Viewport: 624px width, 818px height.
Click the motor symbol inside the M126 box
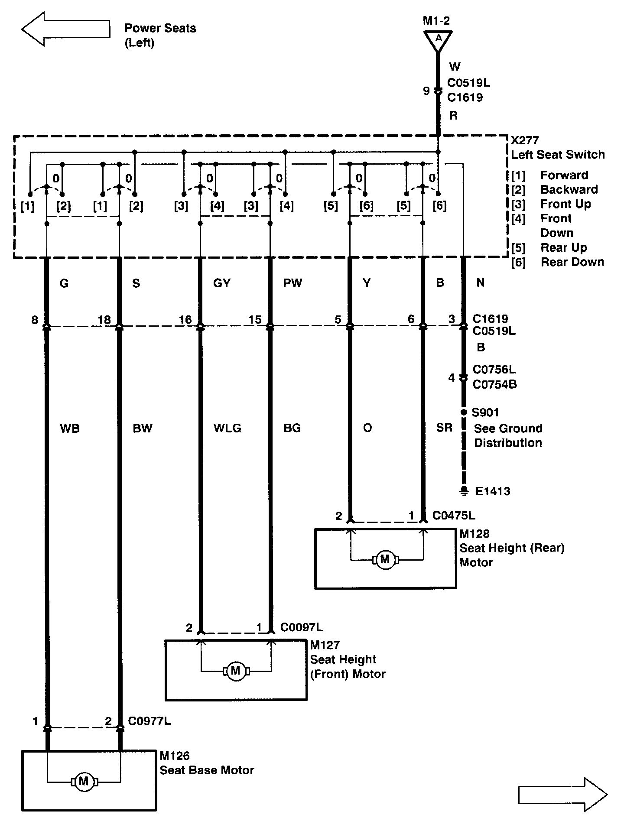[84, 782]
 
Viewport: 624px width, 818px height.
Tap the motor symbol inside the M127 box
[236, 671]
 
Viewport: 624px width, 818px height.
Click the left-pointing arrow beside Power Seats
[65, 29]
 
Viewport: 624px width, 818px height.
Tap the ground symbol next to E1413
[464, 491]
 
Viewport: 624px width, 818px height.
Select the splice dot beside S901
[464, 412]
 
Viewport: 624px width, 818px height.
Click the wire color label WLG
[227, 428]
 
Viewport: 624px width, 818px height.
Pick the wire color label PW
[292, 283]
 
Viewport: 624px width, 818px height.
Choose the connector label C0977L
[149, 721]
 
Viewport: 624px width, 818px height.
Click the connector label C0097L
[302, 627]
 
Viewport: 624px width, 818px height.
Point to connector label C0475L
[454, 516]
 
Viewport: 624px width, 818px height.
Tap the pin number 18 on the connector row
[104, 320]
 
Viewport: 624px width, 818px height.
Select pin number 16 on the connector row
[185, 320]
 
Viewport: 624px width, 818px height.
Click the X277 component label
[525, 140]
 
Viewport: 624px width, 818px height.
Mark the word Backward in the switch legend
[569, 189]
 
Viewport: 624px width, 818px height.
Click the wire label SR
[444, 428]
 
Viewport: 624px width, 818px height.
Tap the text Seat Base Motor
[207, 770]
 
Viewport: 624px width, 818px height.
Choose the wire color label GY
[222, 283]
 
